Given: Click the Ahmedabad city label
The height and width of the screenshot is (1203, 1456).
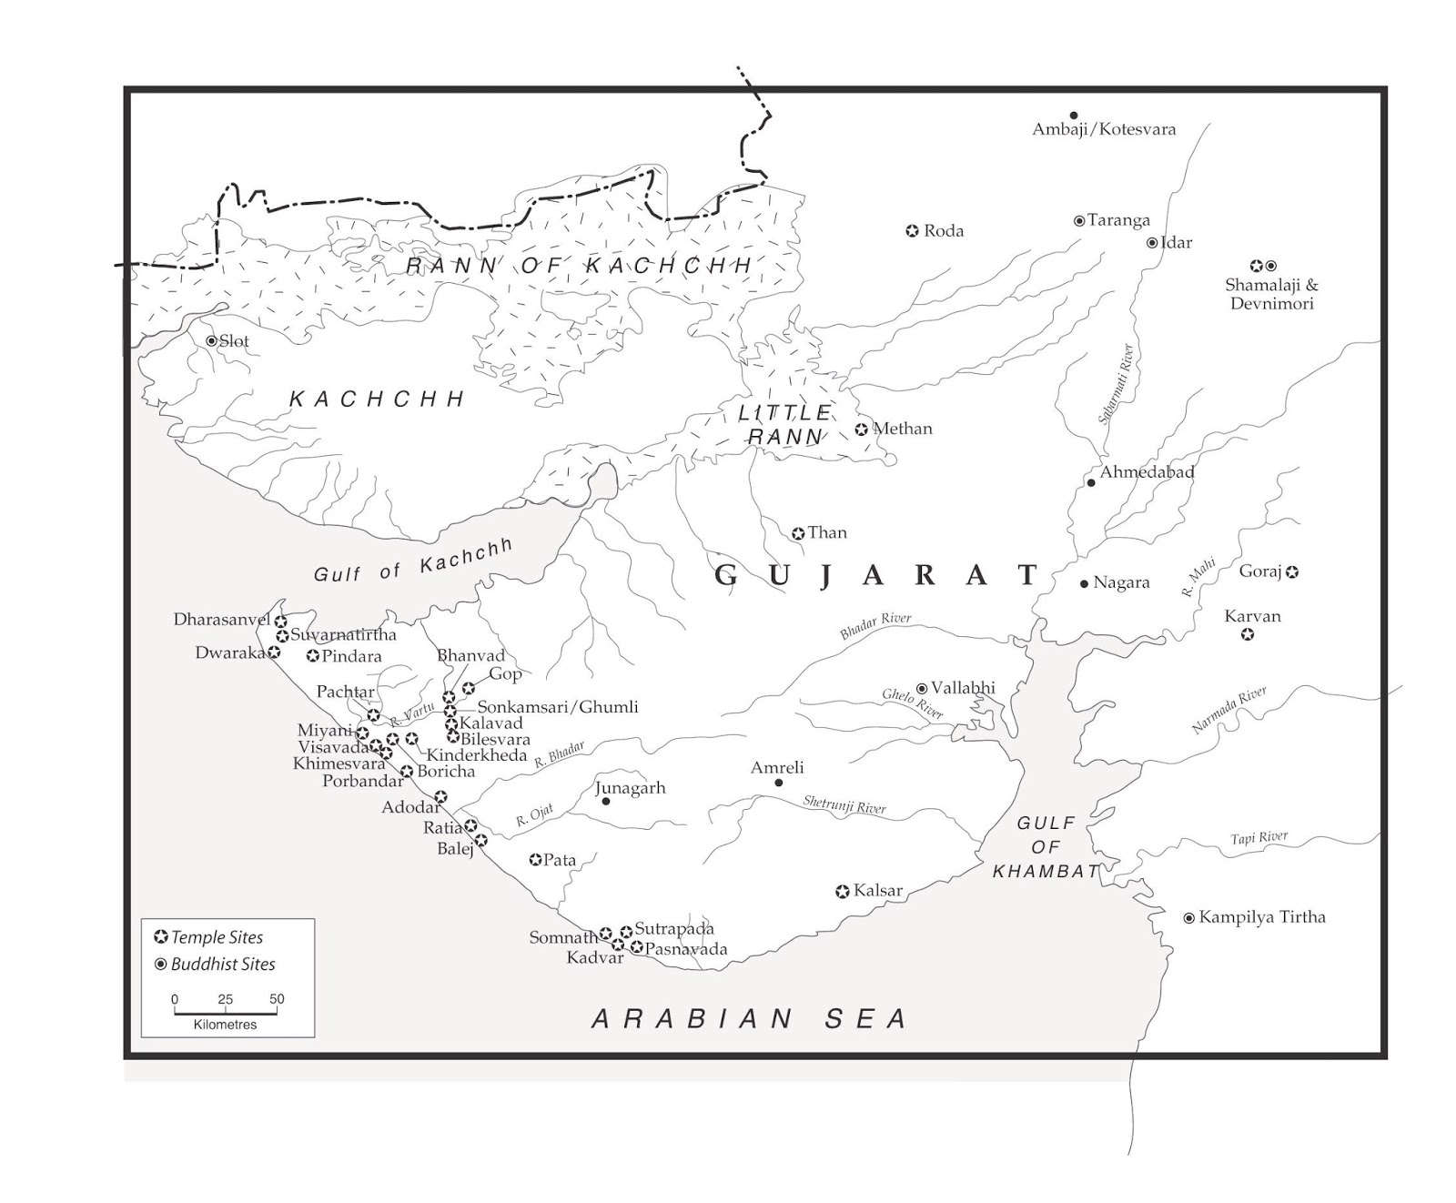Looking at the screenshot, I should point(1146,472).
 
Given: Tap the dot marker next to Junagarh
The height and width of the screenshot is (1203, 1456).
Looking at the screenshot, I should point(606,801).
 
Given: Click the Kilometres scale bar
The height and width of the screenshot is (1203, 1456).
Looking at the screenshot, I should point(226,1012).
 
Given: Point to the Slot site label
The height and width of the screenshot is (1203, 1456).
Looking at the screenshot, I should point(233,341).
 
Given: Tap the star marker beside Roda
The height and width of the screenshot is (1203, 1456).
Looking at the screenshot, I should point(912,231).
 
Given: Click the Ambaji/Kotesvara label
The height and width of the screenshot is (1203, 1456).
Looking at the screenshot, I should point(1103,129).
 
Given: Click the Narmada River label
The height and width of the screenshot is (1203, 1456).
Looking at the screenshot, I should point(1228,711).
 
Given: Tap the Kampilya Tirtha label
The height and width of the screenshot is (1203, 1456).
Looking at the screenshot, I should point(1261,917).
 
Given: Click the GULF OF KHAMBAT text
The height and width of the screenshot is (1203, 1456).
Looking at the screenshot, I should point(1046,847).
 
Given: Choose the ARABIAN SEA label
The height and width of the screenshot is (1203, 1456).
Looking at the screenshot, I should point(750,1018).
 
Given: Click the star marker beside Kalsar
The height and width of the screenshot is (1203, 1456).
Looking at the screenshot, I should point(843,892).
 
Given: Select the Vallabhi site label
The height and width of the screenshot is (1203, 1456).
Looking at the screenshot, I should point(962,689).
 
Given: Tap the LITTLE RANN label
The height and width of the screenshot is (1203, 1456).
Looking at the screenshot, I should point(784,425).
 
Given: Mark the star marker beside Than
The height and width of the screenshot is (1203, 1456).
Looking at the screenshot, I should point(798,534).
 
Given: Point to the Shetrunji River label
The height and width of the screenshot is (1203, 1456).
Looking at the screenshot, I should point(844,804).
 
